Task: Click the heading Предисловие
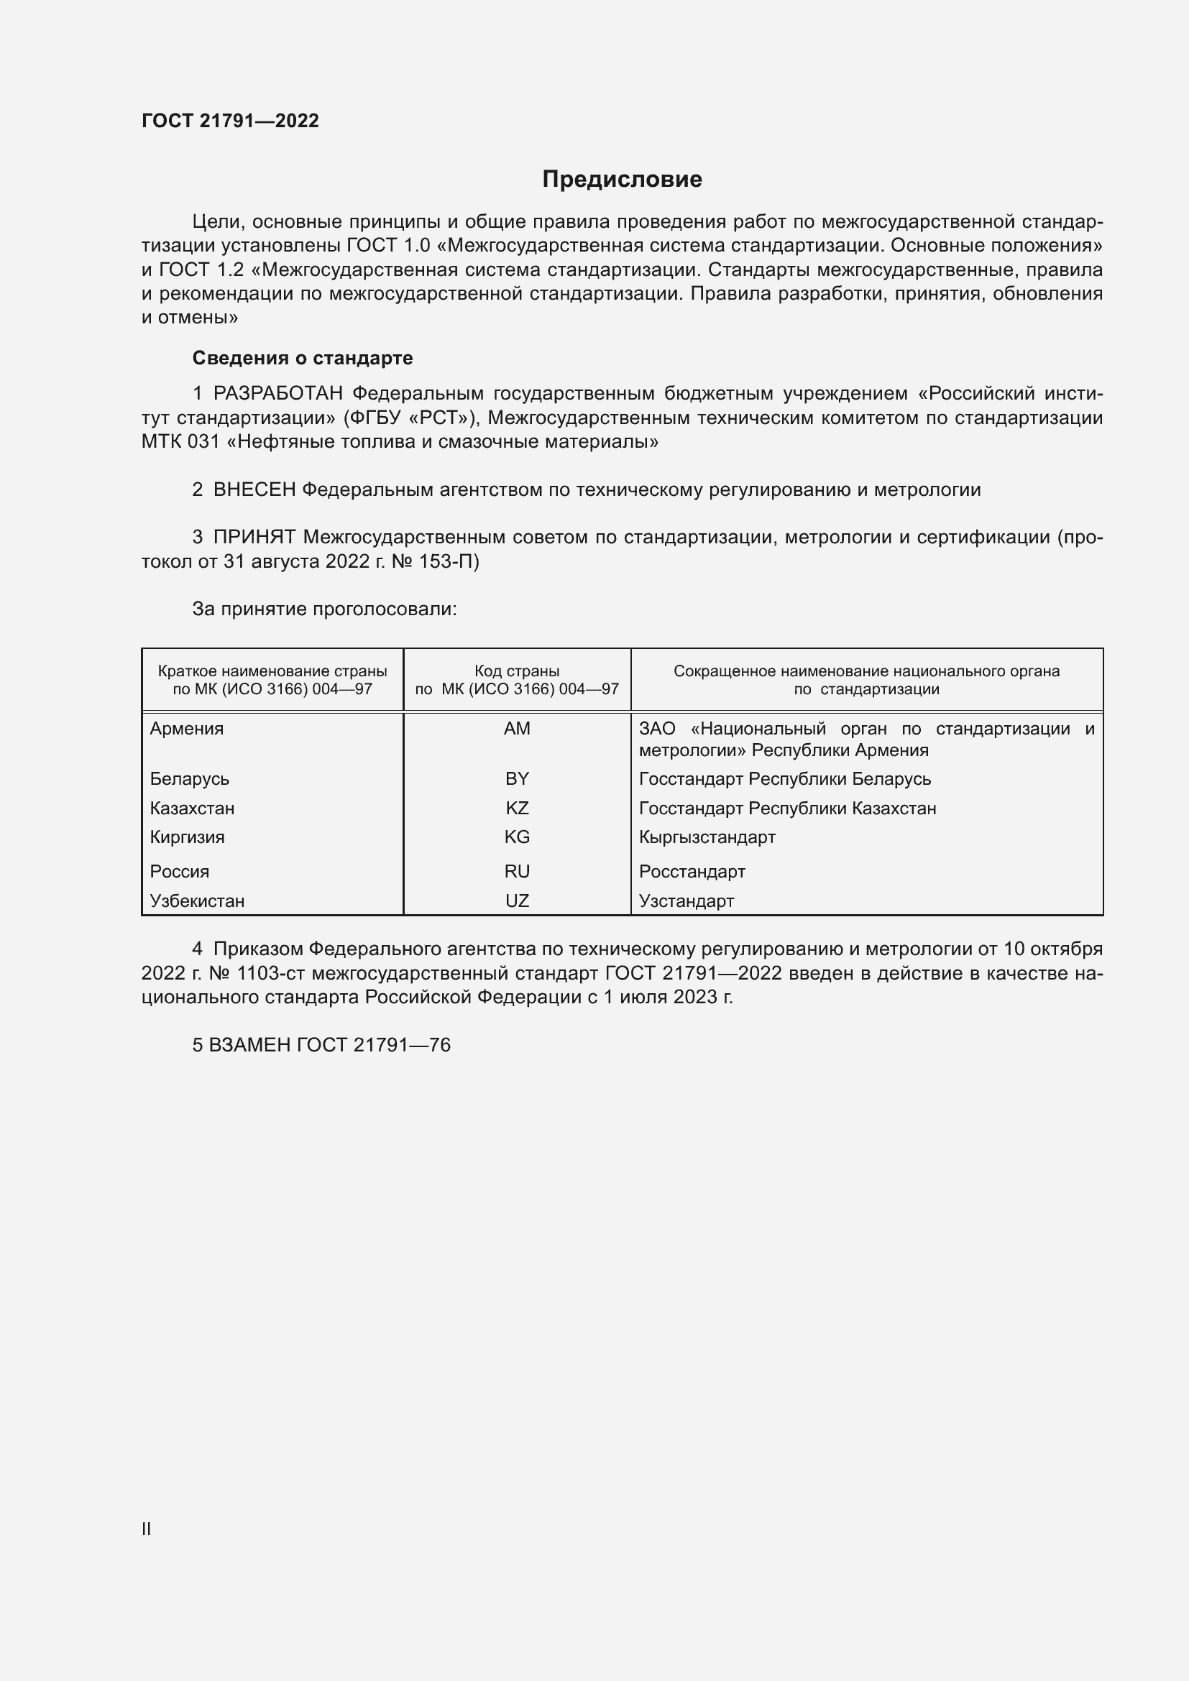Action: [622, 180]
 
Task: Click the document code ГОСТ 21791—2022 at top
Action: [230, 121]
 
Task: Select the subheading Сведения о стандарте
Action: [303, 358]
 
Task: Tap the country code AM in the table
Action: [517, 729]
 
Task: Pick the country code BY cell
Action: [517, 779]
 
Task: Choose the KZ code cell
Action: [517, 809]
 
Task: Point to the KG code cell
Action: [517, 837]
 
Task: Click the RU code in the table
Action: [517, 871]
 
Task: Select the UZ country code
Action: [517, 901]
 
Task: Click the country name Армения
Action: [187, 729]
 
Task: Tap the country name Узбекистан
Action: [197, 901]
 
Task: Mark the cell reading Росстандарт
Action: [692, 871]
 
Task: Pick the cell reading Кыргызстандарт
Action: [707, 837]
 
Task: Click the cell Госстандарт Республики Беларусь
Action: [785, 779]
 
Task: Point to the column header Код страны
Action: [517, 671]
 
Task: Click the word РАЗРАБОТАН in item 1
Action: [277, 394]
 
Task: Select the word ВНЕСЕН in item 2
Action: [254, 490]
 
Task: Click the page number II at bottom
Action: [147, 1529]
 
